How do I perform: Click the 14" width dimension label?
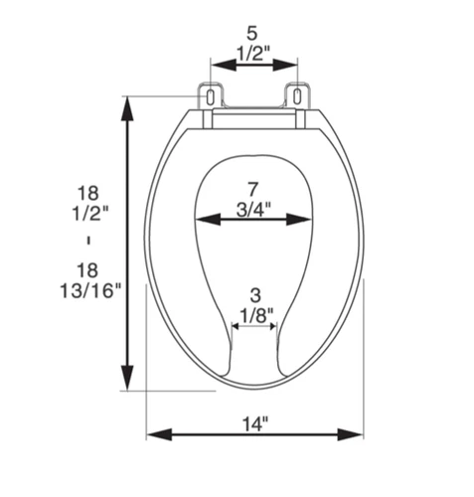click(254, 423)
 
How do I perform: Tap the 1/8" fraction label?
click(254, 316)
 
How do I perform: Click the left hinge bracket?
click(213, 95)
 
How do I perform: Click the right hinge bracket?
click(296, 95)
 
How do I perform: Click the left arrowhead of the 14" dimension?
click(155, 435)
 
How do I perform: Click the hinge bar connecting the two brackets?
click(254, 118)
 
